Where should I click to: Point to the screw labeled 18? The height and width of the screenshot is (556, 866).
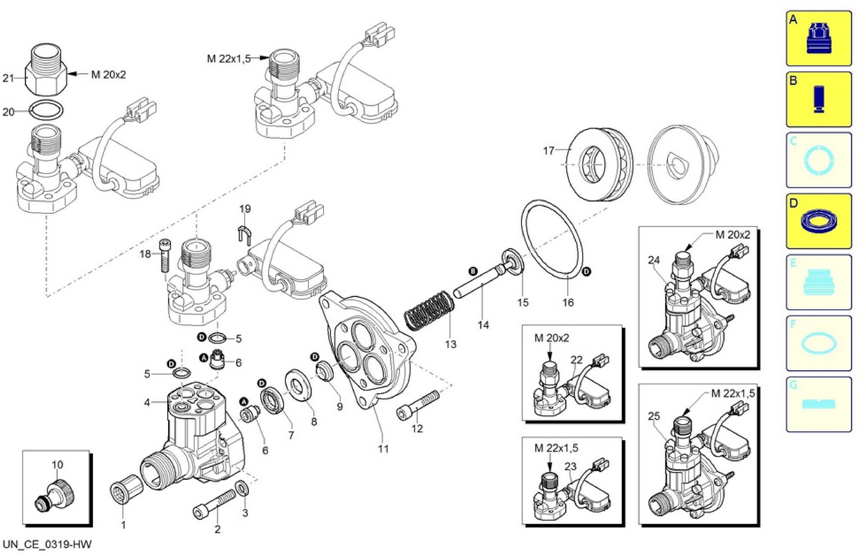coord(164,256)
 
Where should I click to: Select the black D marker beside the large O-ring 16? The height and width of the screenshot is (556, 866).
coord(587,272)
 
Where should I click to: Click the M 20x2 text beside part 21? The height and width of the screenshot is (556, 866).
coord(108,75)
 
